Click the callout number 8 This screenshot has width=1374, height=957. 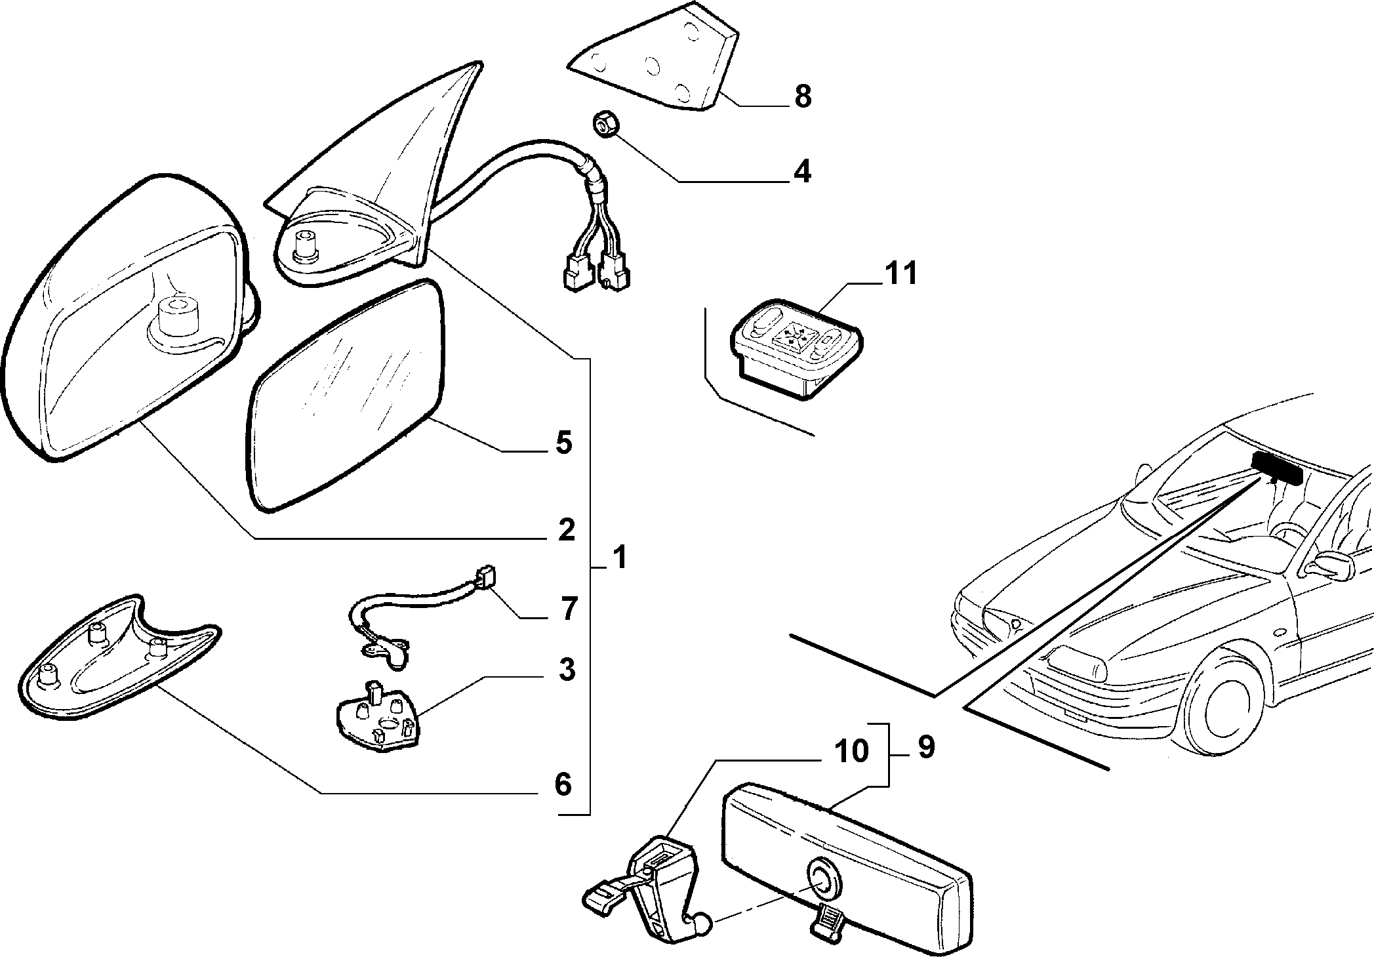click(x=802, y=96)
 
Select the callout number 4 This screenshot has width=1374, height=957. click(x=802, y=171)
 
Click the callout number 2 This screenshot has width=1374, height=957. click(x=565, y=529)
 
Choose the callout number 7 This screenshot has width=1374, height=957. click(x=568, y=609)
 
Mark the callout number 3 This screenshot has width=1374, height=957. click(x=566, y=670)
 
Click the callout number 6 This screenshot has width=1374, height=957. click(x=563, y=784)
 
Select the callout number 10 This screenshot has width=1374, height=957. click(x=851, y=752)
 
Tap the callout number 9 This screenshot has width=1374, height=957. click(x=925, y=747)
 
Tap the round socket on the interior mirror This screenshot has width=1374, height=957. click(x=819, y=879)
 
